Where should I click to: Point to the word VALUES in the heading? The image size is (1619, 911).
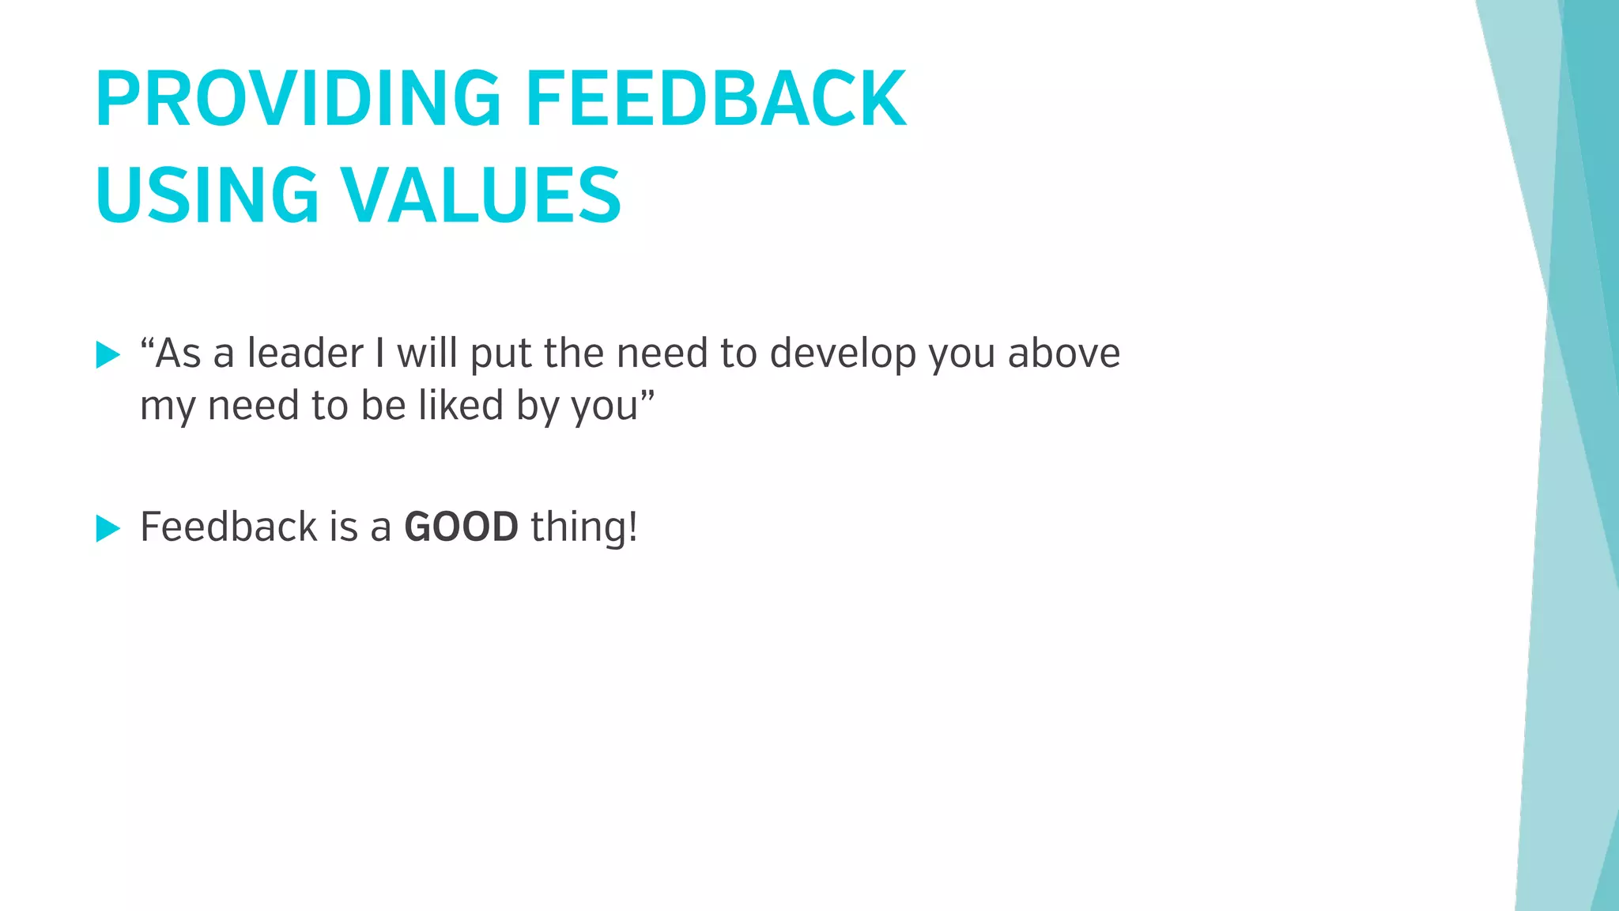(481, 195)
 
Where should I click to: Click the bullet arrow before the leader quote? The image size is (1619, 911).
(108, 355)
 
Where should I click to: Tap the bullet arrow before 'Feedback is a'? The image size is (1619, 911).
(108, 528)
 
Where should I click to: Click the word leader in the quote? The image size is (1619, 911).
(305, 353)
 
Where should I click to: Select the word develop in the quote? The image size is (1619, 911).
(843, 354)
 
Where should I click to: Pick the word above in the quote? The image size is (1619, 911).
(1064, 353)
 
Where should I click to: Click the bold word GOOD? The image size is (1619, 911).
(461, 527)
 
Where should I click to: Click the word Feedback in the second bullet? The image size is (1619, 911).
(228, 527)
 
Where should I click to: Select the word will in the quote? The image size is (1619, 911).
(427, 353)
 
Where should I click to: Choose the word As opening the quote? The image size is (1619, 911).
(179, 353)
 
